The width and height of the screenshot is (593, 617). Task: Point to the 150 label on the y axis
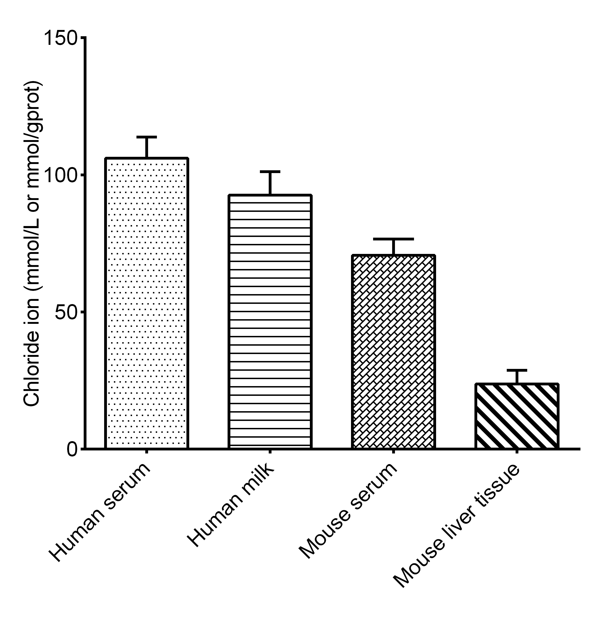(x=60, y=38)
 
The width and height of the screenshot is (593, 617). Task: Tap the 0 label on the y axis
(x=73, y=449)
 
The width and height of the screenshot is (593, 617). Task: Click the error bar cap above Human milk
(x=270, y=172)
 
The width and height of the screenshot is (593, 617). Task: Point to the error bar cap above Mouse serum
(x=393, y=239)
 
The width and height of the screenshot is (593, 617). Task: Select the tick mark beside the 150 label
(x=83, y=38)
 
